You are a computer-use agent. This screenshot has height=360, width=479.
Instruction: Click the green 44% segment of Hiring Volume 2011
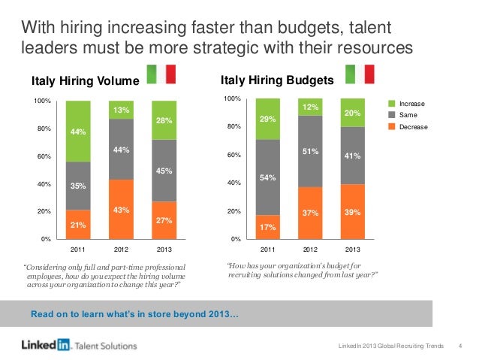[x=77, y=132]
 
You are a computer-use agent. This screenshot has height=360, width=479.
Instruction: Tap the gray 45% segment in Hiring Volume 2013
[x=164, y=171]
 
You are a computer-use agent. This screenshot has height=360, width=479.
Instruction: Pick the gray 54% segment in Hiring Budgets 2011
[x=267, y=177]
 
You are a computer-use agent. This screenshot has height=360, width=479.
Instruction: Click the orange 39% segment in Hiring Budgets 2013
[x=353, y=213]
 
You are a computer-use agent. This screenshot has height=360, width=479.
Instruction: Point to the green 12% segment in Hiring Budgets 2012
[x=310, y=107]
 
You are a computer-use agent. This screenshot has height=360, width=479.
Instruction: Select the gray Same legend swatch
[x=390, y=115]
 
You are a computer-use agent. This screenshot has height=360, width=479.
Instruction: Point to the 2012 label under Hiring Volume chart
[x=120, y=248]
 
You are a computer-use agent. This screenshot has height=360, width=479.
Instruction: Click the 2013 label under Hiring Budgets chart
[x=353, y=248]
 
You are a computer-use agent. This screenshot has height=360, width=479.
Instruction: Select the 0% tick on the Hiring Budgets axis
[x=235, y=239]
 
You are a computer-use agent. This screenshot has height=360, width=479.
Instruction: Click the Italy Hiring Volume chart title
[x=85, y=81]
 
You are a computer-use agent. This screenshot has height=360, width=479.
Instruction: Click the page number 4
[x=459, y=346]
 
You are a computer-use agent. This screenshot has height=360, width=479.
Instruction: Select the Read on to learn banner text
[x=133, y=313]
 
